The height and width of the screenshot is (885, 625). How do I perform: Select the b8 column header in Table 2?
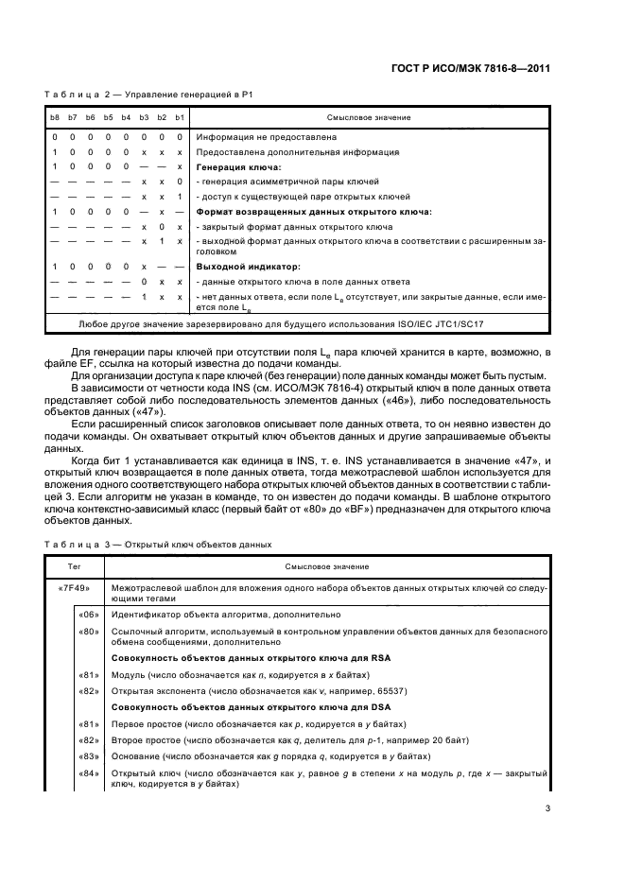coord(55,116)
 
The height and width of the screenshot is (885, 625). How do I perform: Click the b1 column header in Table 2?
coord(180,116)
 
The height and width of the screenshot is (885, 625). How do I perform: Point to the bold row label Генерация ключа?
coord(235,166)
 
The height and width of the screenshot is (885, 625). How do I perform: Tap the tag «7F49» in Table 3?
coord(74,587)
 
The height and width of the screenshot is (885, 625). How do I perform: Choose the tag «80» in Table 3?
coord(86,630)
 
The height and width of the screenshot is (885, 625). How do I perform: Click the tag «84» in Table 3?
coord(86,773)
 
